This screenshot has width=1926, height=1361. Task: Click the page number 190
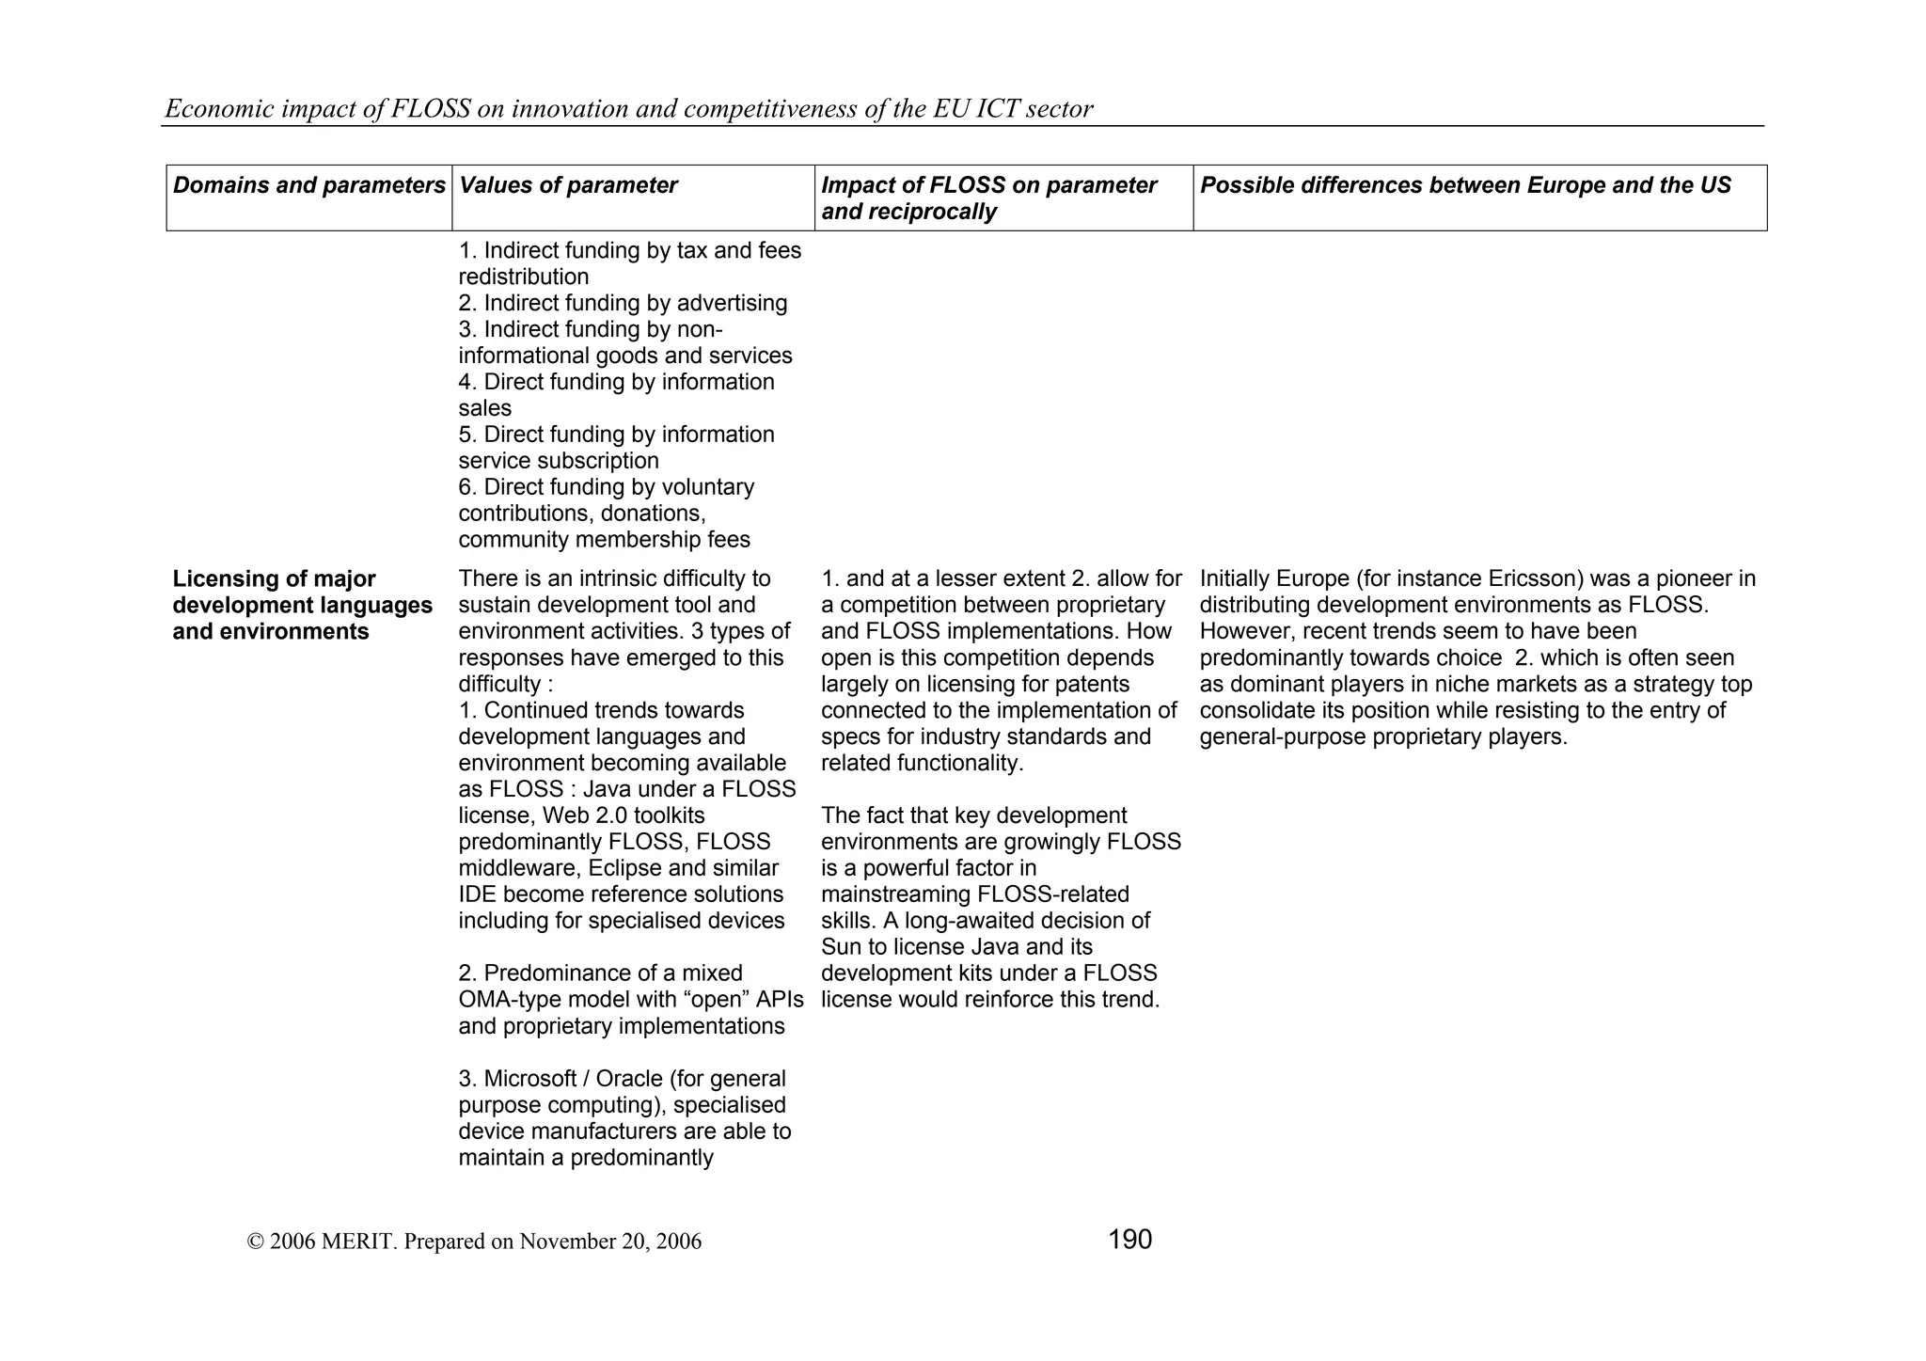(x=1129, y=1240)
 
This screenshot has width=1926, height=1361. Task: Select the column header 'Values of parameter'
(x=568, y=185)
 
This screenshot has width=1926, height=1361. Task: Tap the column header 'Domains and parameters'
(x=308, y=185)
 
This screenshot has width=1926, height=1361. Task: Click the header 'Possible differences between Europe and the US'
(x=1465, y=185)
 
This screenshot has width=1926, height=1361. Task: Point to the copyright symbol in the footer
(x=255, y=1242)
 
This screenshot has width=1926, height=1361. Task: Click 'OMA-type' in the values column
(x=506, y=1000)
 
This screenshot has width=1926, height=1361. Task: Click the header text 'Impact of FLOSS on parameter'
(x=988, y=185)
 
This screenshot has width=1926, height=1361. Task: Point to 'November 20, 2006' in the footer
(x=610, y=1242)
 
